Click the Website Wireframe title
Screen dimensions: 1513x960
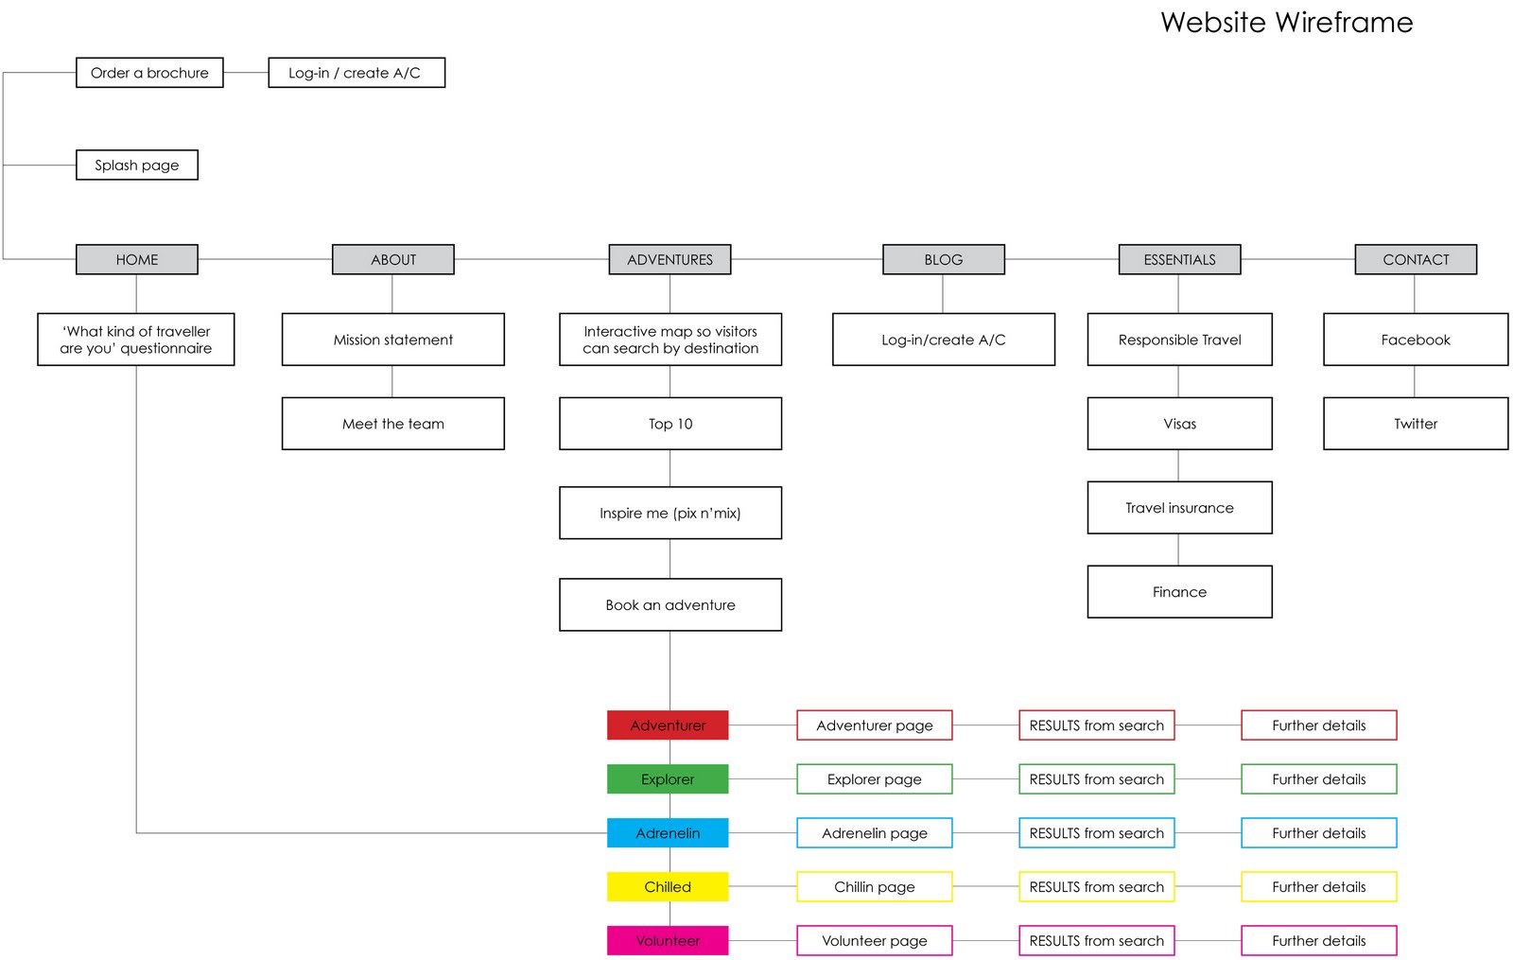pos(1287,23)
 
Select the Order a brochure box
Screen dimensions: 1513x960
pos(149,72)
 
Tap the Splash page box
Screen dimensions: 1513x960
pos(137,165)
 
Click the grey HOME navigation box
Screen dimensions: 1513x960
pos(137,259)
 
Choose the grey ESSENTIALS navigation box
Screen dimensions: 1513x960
pos(1179,259)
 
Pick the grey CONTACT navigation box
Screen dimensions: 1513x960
pos(1416,259)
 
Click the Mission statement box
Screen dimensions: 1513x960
pos(393,340)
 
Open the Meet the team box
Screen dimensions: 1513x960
pos(393,424)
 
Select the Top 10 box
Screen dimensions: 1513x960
pos(670,424)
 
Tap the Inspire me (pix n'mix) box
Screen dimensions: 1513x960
pos(670,513)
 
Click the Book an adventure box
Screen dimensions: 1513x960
pos(670,604)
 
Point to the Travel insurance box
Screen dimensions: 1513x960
pos(1180,507)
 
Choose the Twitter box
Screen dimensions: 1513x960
pos(1416,424)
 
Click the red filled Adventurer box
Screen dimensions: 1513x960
pos(668,724)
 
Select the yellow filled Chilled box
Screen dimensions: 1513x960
pos(668,886)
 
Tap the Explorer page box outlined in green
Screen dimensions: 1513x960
pos(875,779)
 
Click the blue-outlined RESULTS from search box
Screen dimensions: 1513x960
pos(1097,833)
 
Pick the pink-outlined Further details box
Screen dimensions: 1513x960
pos(1319,940)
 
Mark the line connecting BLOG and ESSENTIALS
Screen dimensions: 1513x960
pos(1062,259)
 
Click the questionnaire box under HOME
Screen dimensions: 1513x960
pos(136,340)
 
